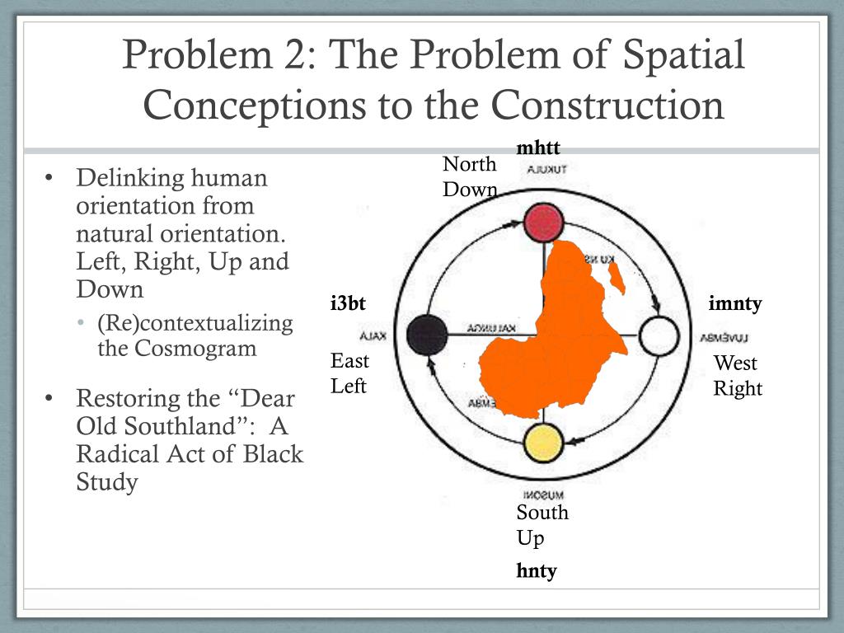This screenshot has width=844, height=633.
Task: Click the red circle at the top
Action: click(543, 223)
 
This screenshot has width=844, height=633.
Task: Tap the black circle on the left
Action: click(427, 334)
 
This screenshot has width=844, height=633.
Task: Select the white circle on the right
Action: click(659, 335)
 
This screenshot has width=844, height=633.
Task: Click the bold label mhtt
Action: click(538, 148)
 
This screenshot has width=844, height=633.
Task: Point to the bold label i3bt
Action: click(347, 304)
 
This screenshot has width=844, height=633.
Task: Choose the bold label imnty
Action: click(735, 304)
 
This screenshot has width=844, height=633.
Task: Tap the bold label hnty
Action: click(537, 570)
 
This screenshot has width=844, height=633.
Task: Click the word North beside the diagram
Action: click(470, 164)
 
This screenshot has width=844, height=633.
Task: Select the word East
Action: click(350, 361)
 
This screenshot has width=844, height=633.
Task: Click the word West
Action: click(735, 363)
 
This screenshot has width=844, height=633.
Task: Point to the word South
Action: click(542, 513)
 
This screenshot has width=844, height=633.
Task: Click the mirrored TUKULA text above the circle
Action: click(543, 171)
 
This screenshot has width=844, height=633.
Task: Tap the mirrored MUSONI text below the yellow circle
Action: click(543, 495)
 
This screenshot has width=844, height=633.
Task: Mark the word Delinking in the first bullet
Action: click(131, 178)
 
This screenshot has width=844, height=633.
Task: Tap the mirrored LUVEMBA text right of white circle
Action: click(724, 336)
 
